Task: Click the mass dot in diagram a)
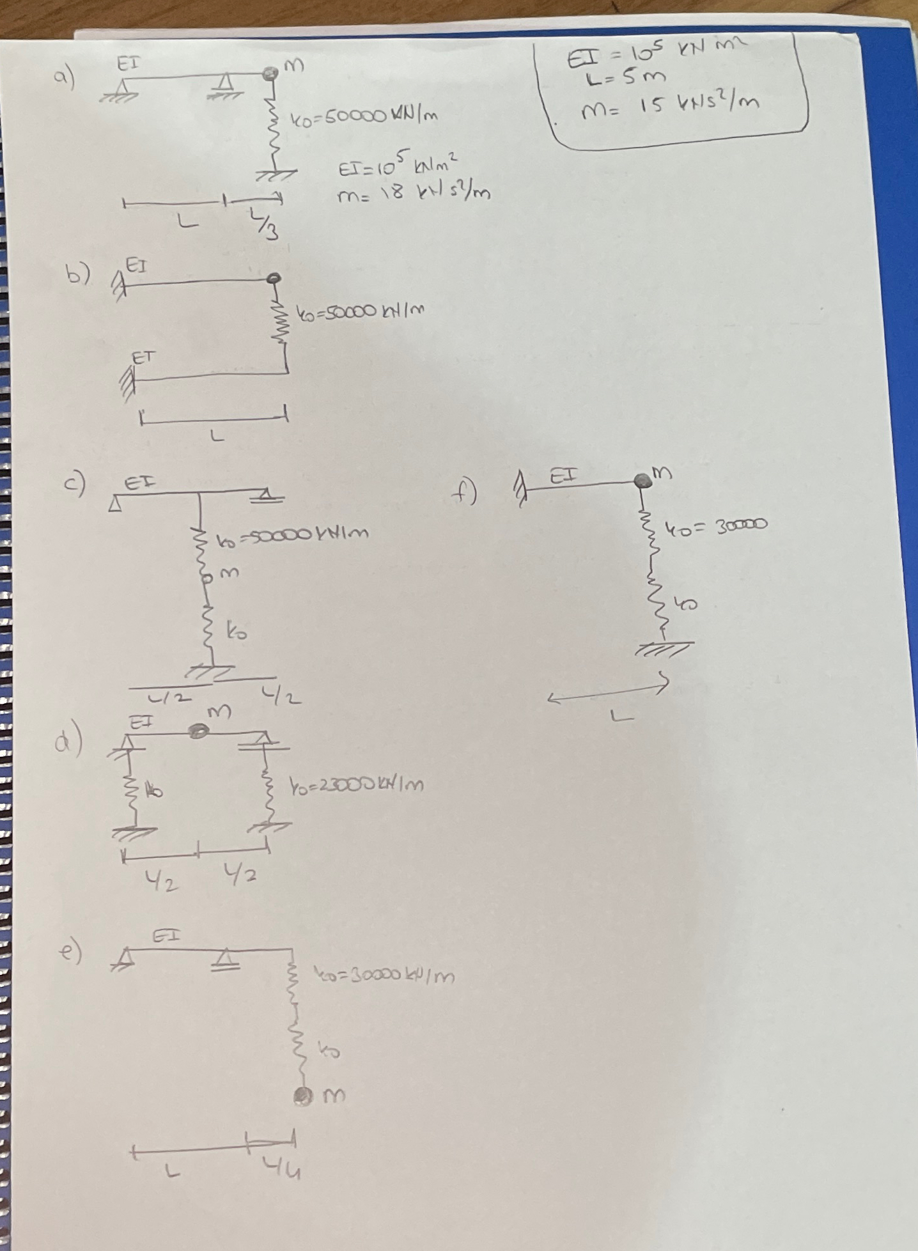point(269,74)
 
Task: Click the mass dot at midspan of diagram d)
point(199,731)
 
